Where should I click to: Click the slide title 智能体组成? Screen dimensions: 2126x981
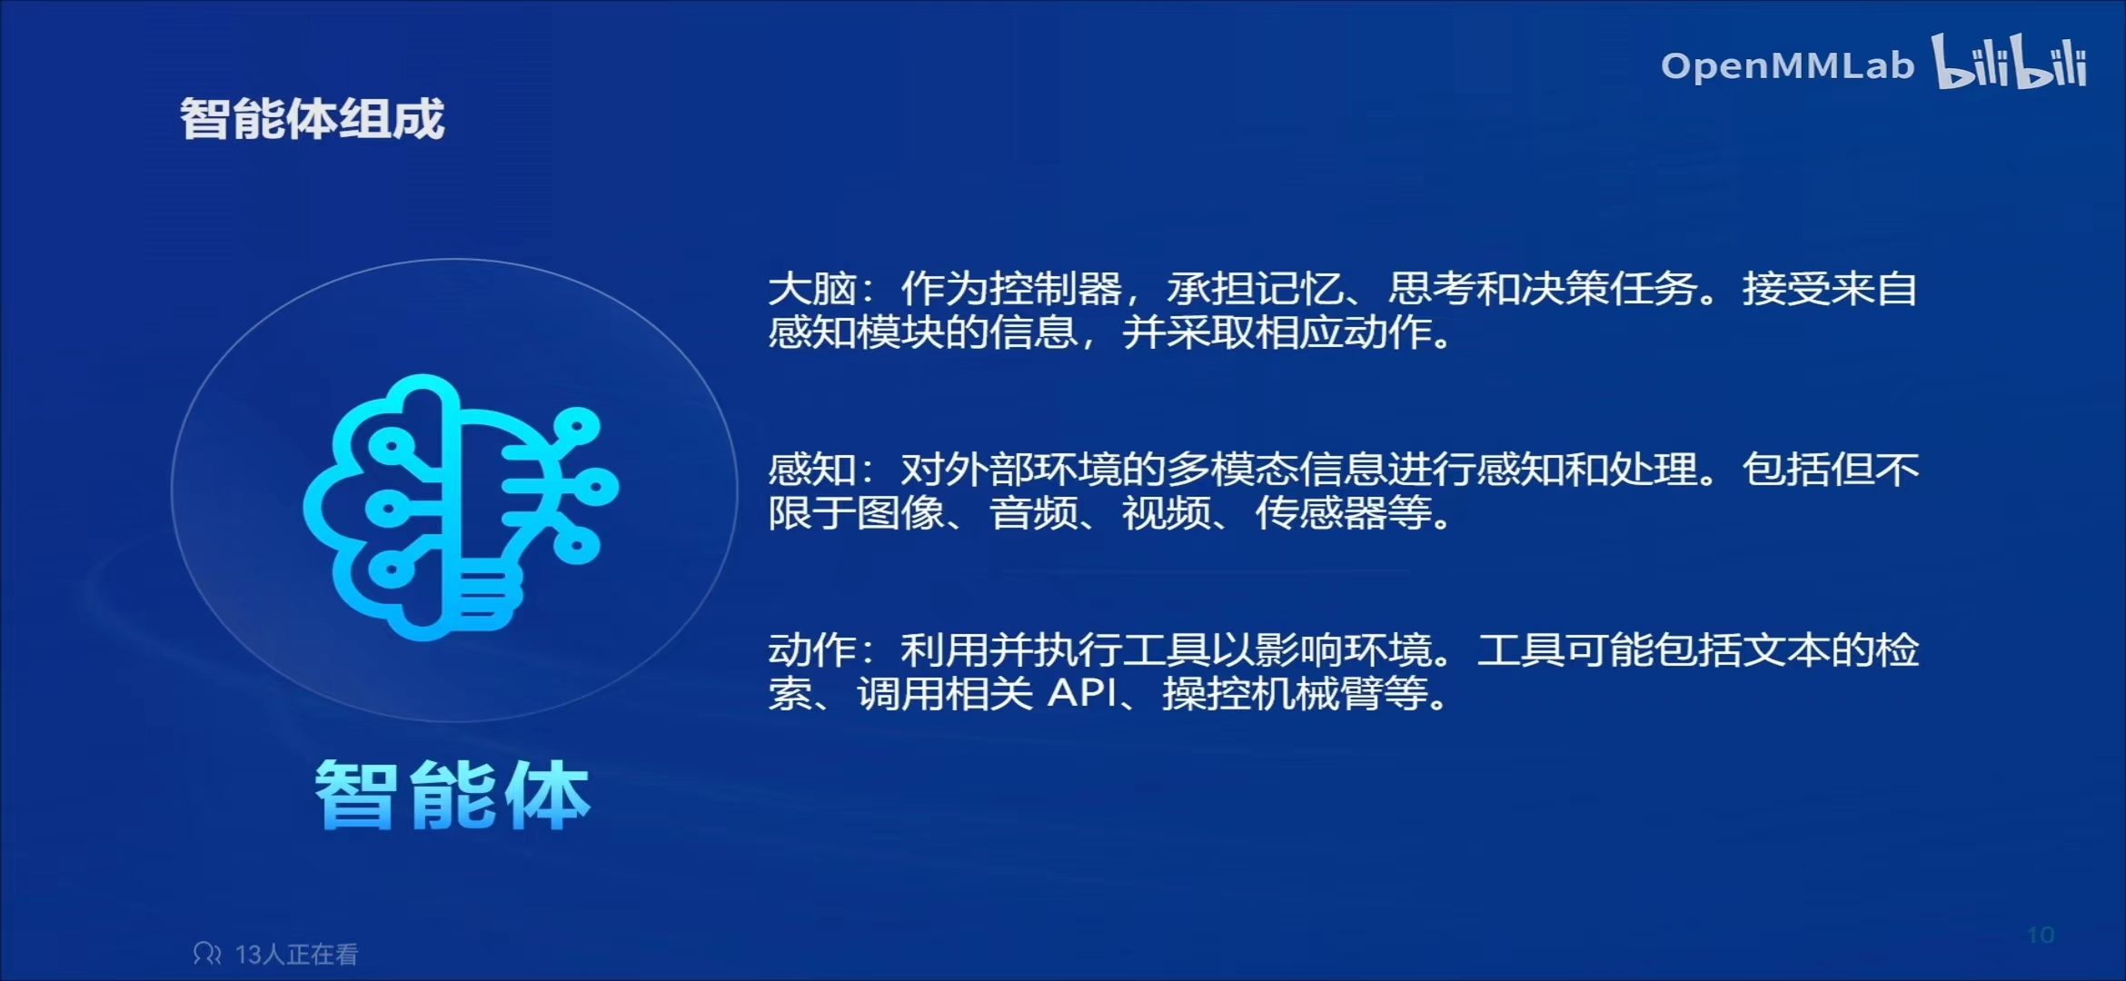313,119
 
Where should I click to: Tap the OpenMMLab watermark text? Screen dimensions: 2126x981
1787,66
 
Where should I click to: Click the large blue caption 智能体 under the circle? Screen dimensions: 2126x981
452,795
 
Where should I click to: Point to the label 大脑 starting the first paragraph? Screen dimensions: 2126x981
812,289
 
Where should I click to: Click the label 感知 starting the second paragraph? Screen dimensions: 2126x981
812,470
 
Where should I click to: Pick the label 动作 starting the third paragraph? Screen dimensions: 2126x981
812,650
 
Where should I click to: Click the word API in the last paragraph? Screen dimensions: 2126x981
1083,694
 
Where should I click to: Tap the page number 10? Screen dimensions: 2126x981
2041,936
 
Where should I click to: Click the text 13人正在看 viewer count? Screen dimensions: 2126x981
297,955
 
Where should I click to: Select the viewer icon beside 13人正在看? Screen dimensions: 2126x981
207,954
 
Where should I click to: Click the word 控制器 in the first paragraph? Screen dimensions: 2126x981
1056,289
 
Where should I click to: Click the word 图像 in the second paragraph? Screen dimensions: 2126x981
901,513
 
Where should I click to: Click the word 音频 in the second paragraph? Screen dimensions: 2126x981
1034,513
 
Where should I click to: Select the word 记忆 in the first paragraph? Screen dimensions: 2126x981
1299,289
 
